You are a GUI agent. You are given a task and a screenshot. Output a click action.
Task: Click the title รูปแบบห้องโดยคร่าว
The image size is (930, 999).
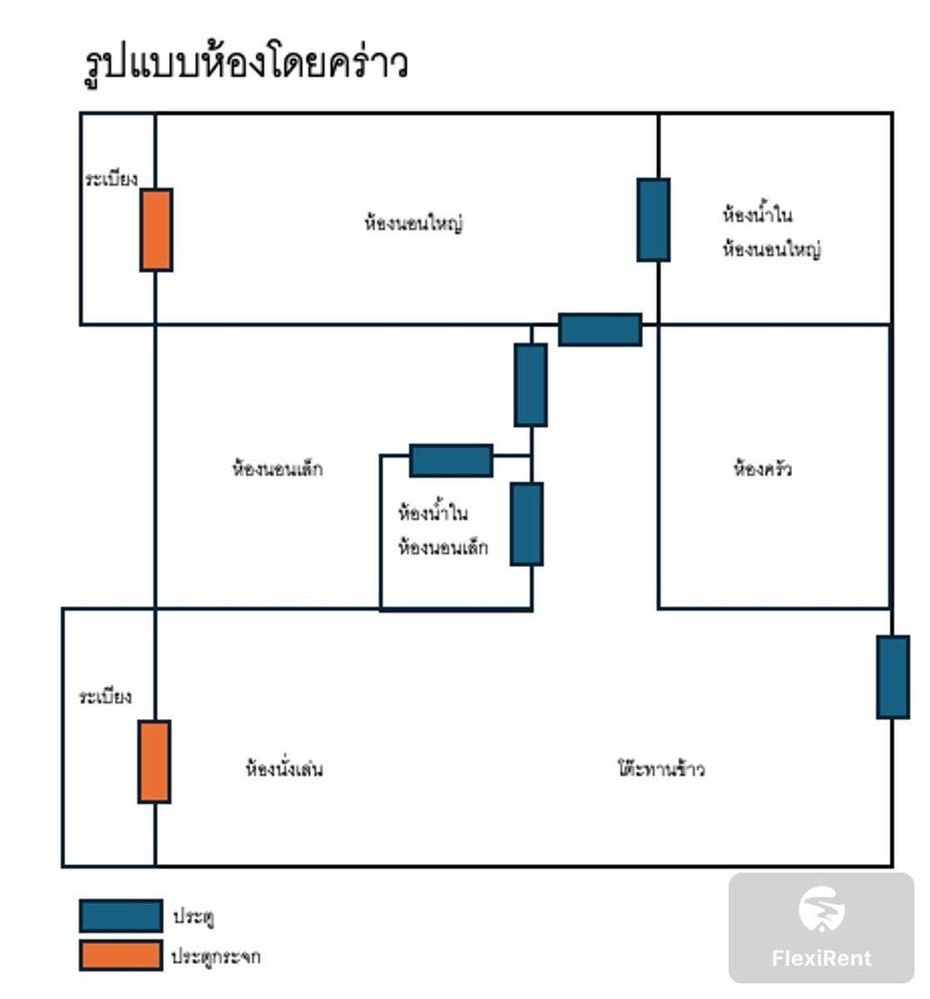pyautogui.click(x=246, y=63)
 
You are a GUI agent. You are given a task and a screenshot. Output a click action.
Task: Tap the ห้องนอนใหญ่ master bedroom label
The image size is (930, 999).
pyautogui.click(x=413, y=223)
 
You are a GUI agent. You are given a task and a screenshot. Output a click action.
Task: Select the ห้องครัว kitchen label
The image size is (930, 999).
pyautogui.click(x=762, y=469)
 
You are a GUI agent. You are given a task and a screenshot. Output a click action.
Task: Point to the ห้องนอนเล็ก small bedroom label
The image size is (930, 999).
pyautogui.click(x=277, y=469)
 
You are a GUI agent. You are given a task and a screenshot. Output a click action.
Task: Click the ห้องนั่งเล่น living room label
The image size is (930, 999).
pyautogui.click(x=284, y=768)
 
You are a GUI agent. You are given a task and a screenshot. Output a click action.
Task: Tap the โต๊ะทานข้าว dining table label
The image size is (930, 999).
pyautogui.click(x=661, y=768)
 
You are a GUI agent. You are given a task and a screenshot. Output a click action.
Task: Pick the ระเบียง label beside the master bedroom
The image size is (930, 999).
pyautogui.click(x=111, y=179)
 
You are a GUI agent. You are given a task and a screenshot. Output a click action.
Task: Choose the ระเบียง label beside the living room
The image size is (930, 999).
pyautogui.click(x=105, y=696)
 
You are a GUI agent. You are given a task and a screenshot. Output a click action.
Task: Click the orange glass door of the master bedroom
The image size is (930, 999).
pyautogui.click(x=156, y=230)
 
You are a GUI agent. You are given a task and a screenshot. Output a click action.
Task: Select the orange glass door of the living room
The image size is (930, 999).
pyautogui.click(x=155, y=762)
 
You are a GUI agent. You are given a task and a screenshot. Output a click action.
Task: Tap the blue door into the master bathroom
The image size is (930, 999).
pyautogui.click(x=654, y=220)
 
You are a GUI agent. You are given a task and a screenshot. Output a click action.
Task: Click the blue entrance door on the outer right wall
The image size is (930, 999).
pyautogui.click(x=893, y=677)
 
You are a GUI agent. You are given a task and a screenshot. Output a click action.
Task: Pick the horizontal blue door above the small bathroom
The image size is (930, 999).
pyautogui.click(x=451, y=460)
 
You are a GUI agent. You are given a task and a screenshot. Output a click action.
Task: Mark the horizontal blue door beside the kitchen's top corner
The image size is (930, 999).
pyautogui.click(x=600, y=330)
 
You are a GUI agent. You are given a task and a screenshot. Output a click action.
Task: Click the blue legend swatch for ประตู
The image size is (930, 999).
pyautogui.click(x=121, y=916)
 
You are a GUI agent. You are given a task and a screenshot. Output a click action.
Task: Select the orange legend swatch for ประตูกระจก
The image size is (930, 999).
pyautogui.click(x=121, y=956)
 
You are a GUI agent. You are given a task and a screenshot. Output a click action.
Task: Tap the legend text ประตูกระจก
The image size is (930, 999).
pyautogui.click(x=215, y=957)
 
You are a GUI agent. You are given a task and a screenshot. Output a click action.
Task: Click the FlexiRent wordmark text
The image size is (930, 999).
pyautogui.click(x=821, y=958)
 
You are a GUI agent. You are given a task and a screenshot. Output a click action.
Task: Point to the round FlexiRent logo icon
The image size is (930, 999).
pyautogui.click(x=821, y=909)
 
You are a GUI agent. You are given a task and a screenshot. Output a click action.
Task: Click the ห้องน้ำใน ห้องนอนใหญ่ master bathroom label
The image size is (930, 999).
pyautogui.click(x=771, y=231)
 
